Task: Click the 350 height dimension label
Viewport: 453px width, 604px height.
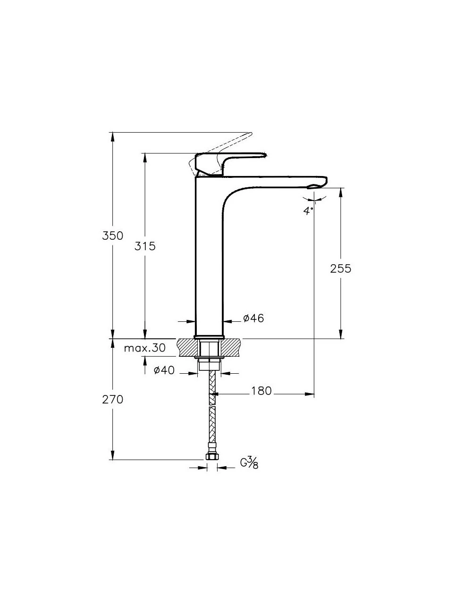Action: pyautogui.click(x=112, y=235)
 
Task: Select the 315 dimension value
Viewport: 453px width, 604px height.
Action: pyautogui.click(x=145, y=246)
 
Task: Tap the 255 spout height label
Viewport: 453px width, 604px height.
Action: pyautogui.click(x=341, y=268)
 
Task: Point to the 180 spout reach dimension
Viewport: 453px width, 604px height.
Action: pyautogui.click(x=261, y=391)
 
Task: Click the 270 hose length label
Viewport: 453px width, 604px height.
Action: pyautogui.click(x=112, y=400)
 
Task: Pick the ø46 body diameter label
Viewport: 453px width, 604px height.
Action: pyautogui.click(x=253, y=319)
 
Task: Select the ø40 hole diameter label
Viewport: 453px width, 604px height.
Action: pyautogui.click(x=164, y=370)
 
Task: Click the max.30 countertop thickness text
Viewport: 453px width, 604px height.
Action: pyautogui.click(x=144, y=348)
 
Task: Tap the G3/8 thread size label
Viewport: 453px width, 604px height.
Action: pyautogui.click(x=249, y=463)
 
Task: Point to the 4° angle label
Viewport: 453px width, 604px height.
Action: pyautogui.click(x=308, y=210)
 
